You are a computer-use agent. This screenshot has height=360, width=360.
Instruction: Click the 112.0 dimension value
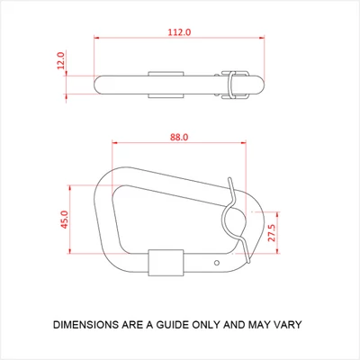point(179,32)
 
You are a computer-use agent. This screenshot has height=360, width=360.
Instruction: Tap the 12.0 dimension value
point(61,60)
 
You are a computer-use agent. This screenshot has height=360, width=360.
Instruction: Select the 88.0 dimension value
point(179,137)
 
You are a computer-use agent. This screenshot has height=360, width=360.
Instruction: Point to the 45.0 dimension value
point(65,220)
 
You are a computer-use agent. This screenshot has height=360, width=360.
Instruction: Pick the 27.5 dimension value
point(272,233)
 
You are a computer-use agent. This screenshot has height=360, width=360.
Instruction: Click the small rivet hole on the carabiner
point(217,263)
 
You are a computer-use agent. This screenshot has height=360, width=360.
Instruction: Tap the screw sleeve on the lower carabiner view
point(166,263)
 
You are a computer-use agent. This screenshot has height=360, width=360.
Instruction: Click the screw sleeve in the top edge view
point(166,85)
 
